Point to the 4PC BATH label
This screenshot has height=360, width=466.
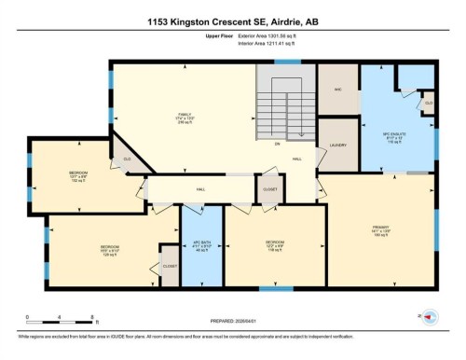click(202, 246)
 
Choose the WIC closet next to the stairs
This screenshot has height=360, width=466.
click(338, 90)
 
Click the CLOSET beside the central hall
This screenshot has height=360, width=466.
click(269, 187)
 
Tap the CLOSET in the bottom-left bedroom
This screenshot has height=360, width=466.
click(170, 266)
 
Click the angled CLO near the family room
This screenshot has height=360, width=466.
click(127, 159)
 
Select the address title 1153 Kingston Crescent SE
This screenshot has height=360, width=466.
click(232, 21)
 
